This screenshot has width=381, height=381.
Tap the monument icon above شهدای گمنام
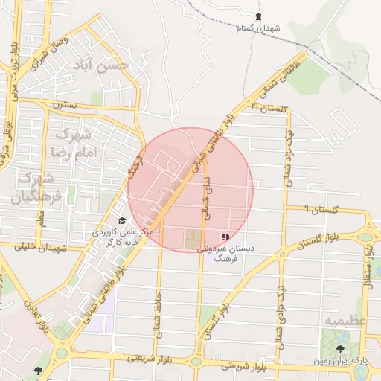[258, 16]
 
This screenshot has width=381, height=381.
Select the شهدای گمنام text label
[258, 28]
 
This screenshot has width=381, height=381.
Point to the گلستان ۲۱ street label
[269, 109]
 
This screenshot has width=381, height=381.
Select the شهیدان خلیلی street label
[45, 248]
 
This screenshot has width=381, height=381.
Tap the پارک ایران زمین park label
[340, 361]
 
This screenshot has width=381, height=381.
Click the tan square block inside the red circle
[193, 240]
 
